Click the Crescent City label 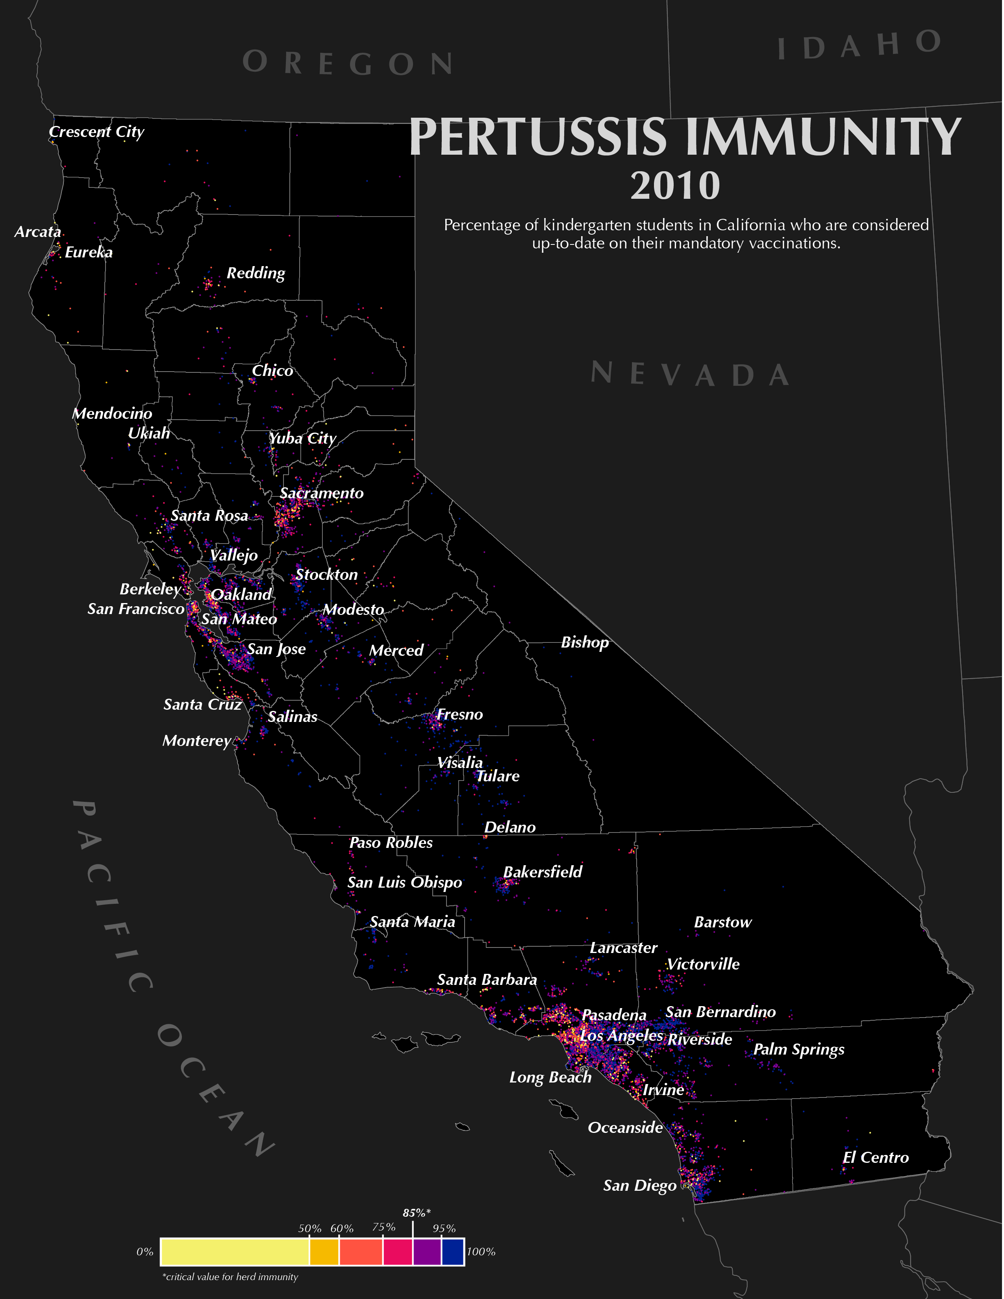point(96,132)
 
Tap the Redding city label point(256,273)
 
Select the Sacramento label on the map point(321,493)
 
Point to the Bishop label point(585,642)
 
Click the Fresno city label point(460,714)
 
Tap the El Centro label point(876,1157)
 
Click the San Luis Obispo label point(404,882)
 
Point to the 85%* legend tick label point(416,1213)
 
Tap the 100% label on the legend point(481,1251)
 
